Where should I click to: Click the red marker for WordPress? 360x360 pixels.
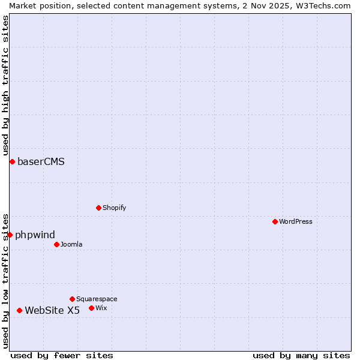pos(275,221)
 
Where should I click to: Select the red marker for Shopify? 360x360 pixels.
pos(98,208)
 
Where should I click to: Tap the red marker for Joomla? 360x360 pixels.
pos(56,244)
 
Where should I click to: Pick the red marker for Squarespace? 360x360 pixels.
pos(72,299)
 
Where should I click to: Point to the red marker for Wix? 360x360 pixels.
pos(91,308)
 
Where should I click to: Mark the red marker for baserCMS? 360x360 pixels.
pos(12,161)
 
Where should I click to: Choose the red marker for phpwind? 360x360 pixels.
pos(10,235)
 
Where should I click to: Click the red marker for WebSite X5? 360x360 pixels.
pos(19,310)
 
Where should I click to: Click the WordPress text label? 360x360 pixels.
pos(296,221)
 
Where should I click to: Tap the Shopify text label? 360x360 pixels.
pos(115,208)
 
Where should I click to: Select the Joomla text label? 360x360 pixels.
pos(71,244)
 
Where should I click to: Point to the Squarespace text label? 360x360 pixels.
pos(97,299)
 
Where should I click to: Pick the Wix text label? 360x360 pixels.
pos(101,308)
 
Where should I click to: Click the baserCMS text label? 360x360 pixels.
pos(41,161)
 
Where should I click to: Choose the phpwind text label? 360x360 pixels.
pos(35,235)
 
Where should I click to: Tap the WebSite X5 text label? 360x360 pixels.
pos(52,310)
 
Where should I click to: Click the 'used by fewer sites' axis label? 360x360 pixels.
pos(62,355)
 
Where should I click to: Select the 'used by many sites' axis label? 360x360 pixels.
pos(301,355)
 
